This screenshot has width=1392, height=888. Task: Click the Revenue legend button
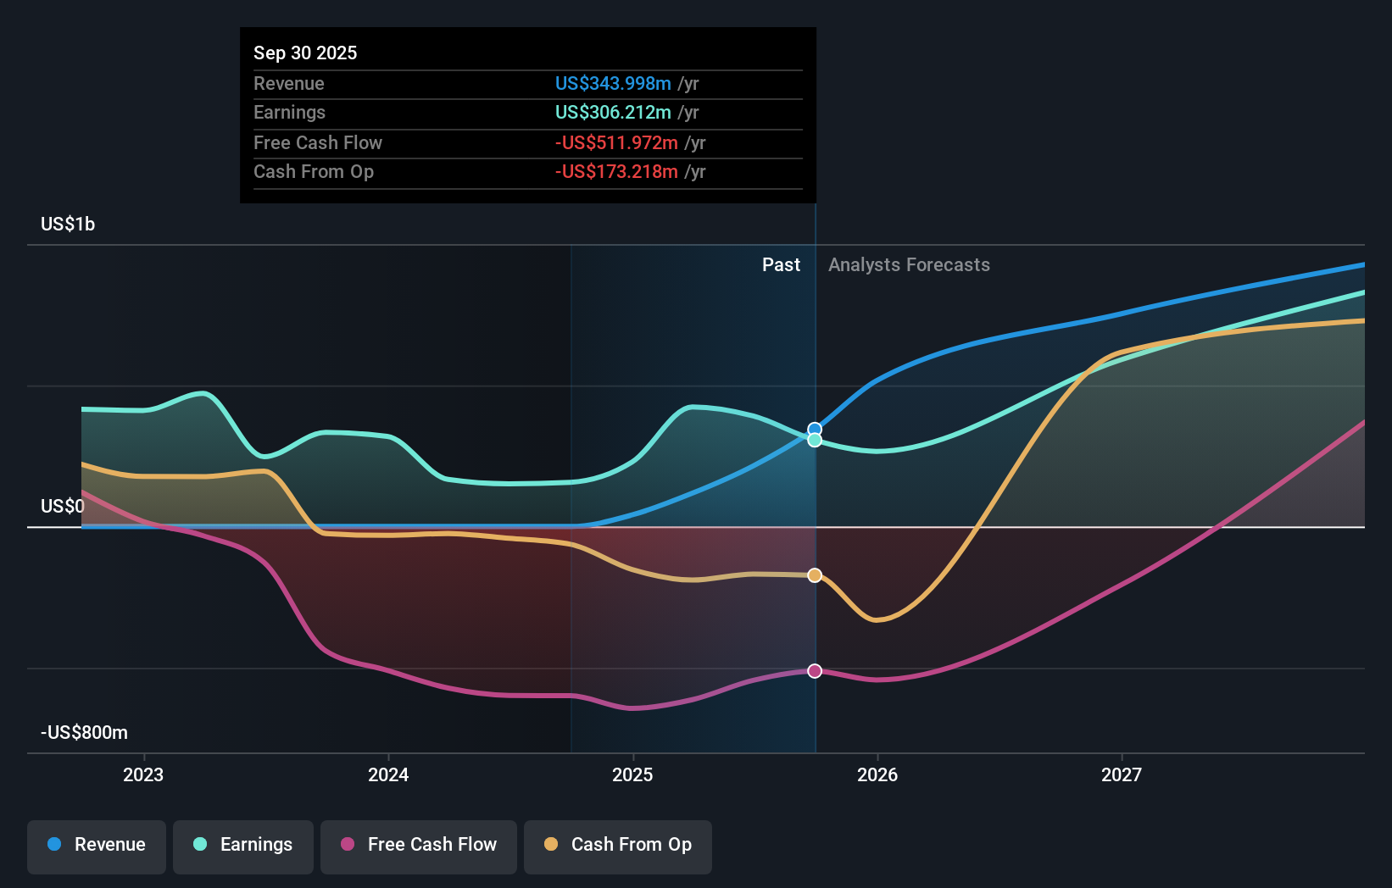[x=97, y=845]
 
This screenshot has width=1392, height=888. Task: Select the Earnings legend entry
[x=243, y=845]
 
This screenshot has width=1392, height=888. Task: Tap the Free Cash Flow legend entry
[x=419, y=845]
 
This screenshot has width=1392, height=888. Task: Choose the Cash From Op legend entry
[x=618, y=845]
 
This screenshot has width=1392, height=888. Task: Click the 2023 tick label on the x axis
[x=143, y=774]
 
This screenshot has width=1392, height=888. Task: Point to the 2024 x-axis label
[x=388, y=774]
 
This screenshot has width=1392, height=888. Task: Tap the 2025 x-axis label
[x=632, y=774]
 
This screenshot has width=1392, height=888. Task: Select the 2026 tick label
[x=877, y=774]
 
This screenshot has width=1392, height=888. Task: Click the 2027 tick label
[x=1122, y=774]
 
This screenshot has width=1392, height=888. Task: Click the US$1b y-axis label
[x=68, y=224]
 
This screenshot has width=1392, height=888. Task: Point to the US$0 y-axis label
[x=63, y=506]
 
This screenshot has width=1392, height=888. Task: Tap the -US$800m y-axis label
[x=84, y=732]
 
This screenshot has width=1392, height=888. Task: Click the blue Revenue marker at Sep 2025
[x=815, y=429]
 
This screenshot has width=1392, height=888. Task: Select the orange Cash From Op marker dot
[x=815, y=575]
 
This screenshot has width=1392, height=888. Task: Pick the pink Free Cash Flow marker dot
[x=815, y=671]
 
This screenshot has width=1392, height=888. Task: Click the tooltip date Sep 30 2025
[x=305, y=53]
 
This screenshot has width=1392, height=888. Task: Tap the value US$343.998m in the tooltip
[x=613, y=83]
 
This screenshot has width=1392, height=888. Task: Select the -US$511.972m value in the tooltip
[x=616, y=142]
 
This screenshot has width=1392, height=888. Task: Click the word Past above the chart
[x=781, y=265]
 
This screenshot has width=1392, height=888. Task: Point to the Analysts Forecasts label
[x=909, y=265]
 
